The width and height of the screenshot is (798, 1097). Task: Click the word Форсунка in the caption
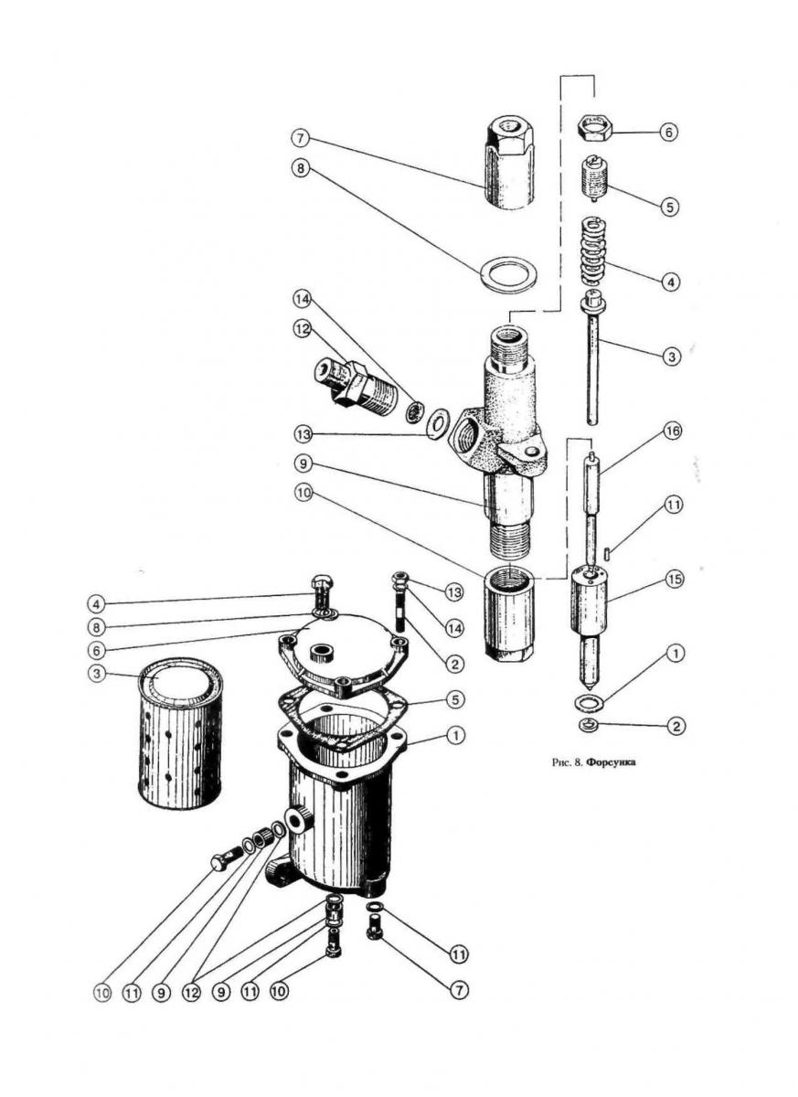(611, 760)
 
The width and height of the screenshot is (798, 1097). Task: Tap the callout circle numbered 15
(674, 580)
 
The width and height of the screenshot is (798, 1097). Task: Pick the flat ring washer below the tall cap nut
(508, 273)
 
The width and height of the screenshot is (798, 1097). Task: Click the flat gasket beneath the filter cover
(342, 719)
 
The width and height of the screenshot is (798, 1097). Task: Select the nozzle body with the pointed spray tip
(591, 622)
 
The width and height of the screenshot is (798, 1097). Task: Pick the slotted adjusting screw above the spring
(594, 177)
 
